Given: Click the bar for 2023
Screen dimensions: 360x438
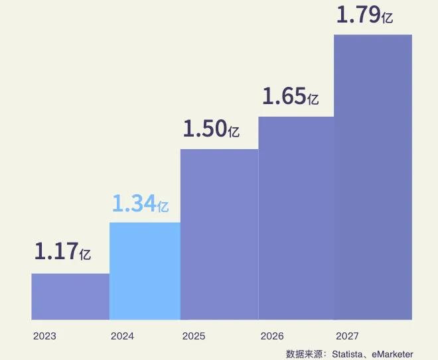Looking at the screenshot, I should coord(70,296).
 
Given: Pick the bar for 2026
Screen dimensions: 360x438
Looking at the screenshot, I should coord(296,218).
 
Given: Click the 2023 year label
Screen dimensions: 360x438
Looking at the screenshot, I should coord(44,336).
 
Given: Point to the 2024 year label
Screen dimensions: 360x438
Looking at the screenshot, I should coord(122,336).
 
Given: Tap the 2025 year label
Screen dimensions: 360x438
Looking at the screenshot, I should coord(194,336).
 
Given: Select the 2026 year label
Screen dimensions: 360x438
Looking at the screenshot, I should coord(272,336).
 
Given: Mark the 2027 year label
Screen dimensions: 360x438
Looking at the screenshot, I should coord(348,336).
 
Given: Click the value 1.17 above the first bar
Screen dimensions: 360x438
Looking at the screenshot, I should coord(55,251).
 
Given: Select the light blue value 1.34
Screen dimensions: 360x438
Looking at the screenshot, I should coord(133,204).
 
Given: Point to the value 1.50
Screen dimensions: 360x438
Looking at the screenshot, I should coord(204,129).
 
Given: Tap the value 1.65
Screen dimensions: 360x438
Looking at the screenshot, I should coord(284,97).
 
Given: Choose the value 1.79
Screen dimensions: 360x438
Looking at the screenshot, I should coord(358,15).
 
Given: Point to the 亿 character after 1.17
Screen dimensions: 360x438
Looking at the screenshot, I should coord(85,253).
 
